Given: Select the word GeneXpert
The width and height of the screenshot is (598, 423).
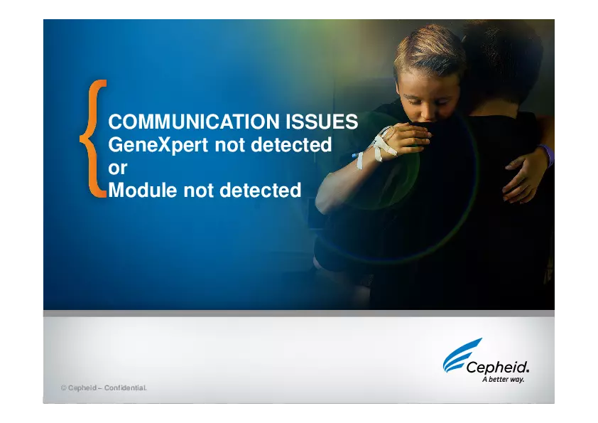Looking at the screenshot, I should [x=158, y=145].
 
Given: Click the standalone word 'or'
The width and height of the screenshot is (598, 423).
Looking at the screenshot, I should [x=117, y=168].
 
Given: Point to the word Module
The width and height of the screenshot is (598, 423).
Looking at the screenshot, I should [x=143, y=191].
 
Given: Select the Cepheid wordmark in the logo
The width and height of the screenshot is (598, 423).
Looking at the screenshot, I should [x=498, y=368].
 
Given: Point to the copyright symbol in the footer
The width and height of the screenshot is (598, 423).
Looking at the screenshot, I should [x=63, y=388].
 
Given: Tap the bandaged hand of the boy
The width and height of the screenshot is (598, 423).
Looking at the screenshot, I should [x=398, y=139].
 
